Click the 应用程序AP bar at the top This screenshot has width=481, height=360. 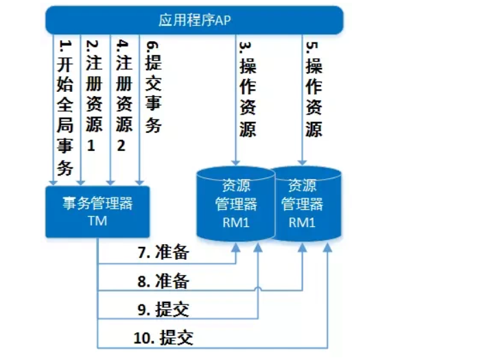(195, 19)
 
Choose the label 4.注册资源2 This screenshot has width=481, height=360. (124, 96)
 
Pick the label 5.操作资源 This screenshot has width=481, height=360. (313, 89)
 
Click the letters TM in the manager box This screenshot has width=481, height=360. (97, 221)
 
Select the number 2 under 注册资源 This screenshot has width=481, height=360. (123, 146)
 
